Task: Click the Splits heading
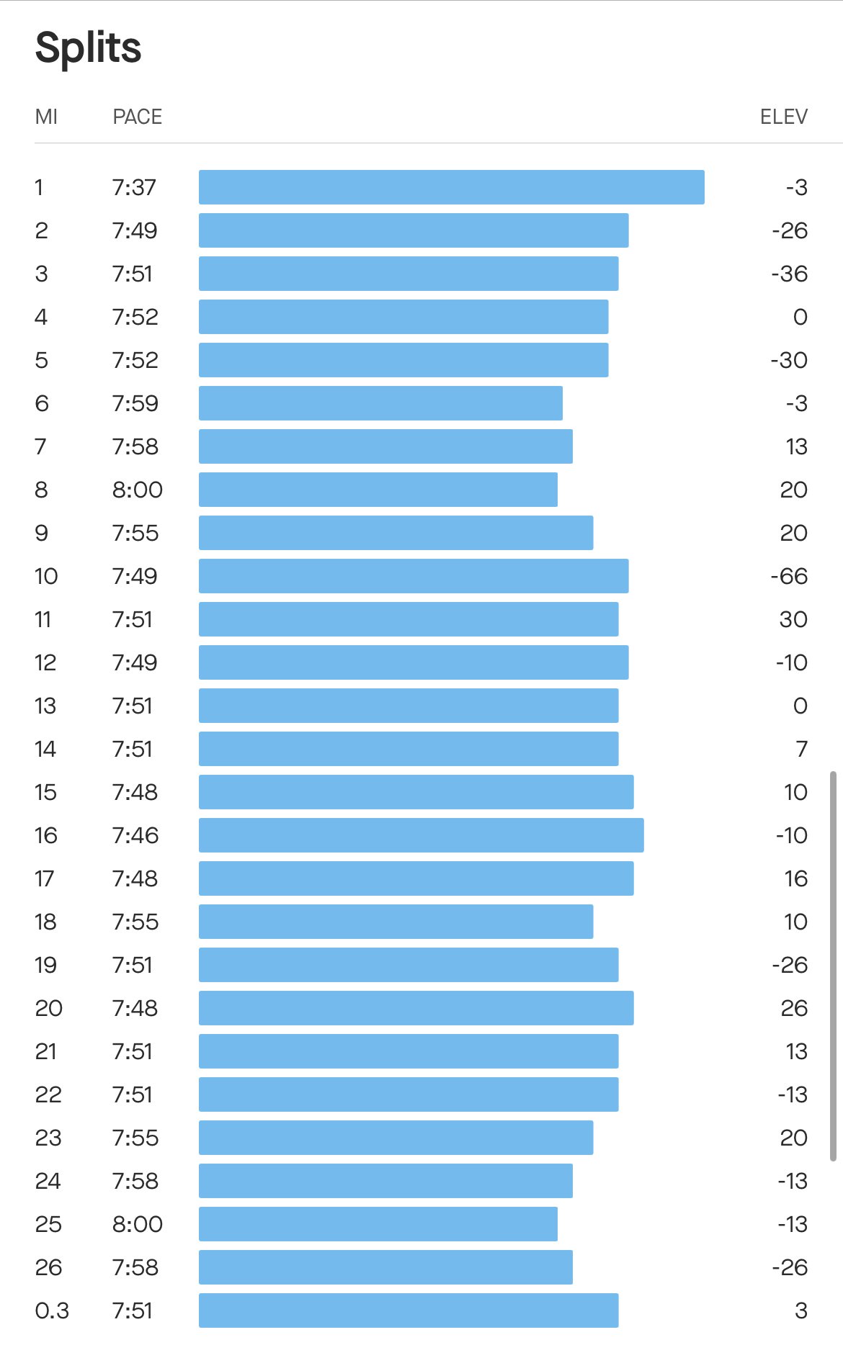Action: coord(88,48)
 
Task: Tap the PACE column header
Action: coord(137,117)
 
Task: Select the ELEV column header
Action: coord(783,117)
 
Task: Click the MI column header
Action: coord(46,117)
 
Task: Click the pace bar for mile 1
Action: coord(451,187)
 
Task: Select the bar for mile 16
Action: coord(421,835)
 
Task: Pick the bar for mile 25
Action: coord(378,1224)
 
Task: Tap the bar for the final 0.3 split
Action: coord(408,1310)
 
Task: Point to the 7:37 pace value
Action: coord(134,187)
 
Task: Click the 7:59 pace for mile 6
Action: coord(135,403)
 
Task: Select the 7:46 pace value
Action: coord(135,835)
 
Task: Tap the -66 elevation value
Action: coord(789,576)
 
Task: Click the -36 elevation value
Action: coord(789,274)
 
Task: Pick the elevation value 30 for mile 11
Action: coord(793,619)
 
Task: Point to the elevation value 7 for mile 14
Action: coord(801,749)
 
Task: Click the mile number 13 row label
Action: coord(45,706)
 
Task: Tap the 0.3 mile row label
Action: coord(52,1310)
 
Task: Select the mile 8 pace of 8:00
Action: coord(137,490)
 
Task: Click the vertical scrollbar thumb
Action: coord(833,965)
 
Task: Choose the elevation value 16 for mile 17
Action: coord(795,878)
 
